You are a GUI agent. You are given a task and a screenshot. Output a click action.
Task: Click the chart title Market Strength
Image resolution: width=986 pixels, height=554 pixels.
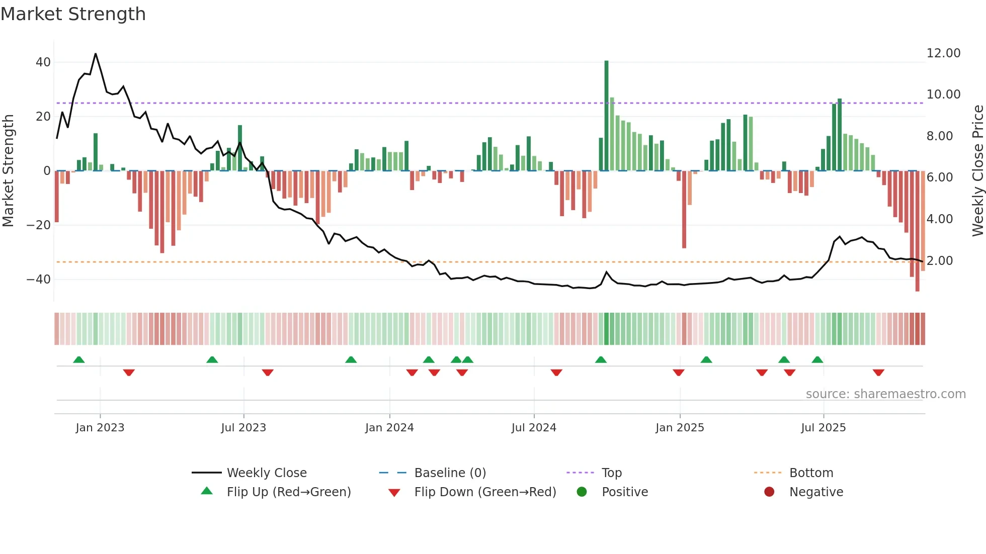pyautogui.click(x=73, y=14)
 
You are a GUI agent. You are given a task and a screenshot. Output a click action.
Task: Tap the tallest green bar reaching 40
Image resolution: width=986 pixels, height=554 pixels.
pyautogui.click(x=606, y=116)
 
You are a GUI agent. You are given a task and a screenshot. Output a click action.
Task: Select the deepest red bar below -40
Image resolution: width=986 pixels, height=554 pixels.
pyautogui.click(x=917, y=231)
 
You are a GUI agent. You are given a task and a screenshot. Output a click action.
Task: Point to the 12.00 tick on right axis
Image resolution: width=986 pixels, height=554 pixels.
pyautogui.click(x=943, y=53)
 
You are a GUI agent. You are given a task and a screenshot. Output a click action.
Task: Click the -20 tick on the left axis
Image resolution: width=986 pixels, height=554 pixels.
pyautogui.click(x=38, y=225)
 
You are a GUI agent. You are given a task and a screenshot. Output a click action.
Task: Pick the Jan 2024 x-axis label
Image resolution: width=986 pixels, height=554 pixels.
pyautogui.click(x=389, y=428)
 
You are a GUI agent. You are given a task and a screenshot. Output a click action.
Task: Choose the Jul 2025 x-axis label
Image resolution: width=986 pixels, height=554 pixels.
pyautogui.click(x=823, y=428)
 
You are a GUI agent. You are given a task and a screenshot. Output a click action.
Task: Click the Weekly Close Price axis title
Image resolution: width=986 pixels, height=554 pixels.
pyautogui.click(x=977, y=171)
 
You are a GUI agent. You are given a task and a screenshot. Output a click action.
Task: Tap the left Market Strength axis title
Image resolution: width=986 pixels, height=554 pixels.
pyautogui.click(x=8, y=171)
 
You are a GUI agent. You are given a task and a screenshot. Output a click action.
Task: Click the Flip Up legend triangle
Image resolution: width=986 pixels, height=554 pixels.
pyautogui.click(x=207, y=491)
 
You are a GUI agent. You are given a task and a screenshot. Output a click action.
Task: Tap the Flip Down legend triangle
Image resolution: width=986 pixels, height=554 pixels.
pyautogui.click(x=394, y=493)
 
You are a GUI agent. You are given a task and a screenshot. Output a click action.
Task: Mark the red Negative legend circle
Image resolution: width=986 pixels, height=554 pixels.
pyautogui.click(x=769, y=492)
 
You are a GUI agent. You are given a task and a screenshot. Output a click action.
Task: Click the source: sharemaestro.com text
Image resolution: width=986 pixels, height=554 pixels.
pyautogui.click(x=885, y=394)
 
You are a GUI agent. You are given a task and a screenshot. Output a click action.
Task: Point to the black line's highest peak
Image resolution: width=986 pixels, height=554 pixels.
pyautogui.click(x=96, y=54)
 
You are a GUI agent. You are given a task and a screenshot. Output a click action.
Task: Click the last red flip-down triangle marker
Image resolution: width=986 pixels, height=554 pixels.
pyautogui.click(x=878, y=373)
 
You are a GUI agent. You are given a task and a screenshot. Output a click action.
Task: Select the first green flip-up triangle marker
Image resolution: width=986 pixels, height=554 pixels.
pyautogui.click(x=79, y=359)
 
